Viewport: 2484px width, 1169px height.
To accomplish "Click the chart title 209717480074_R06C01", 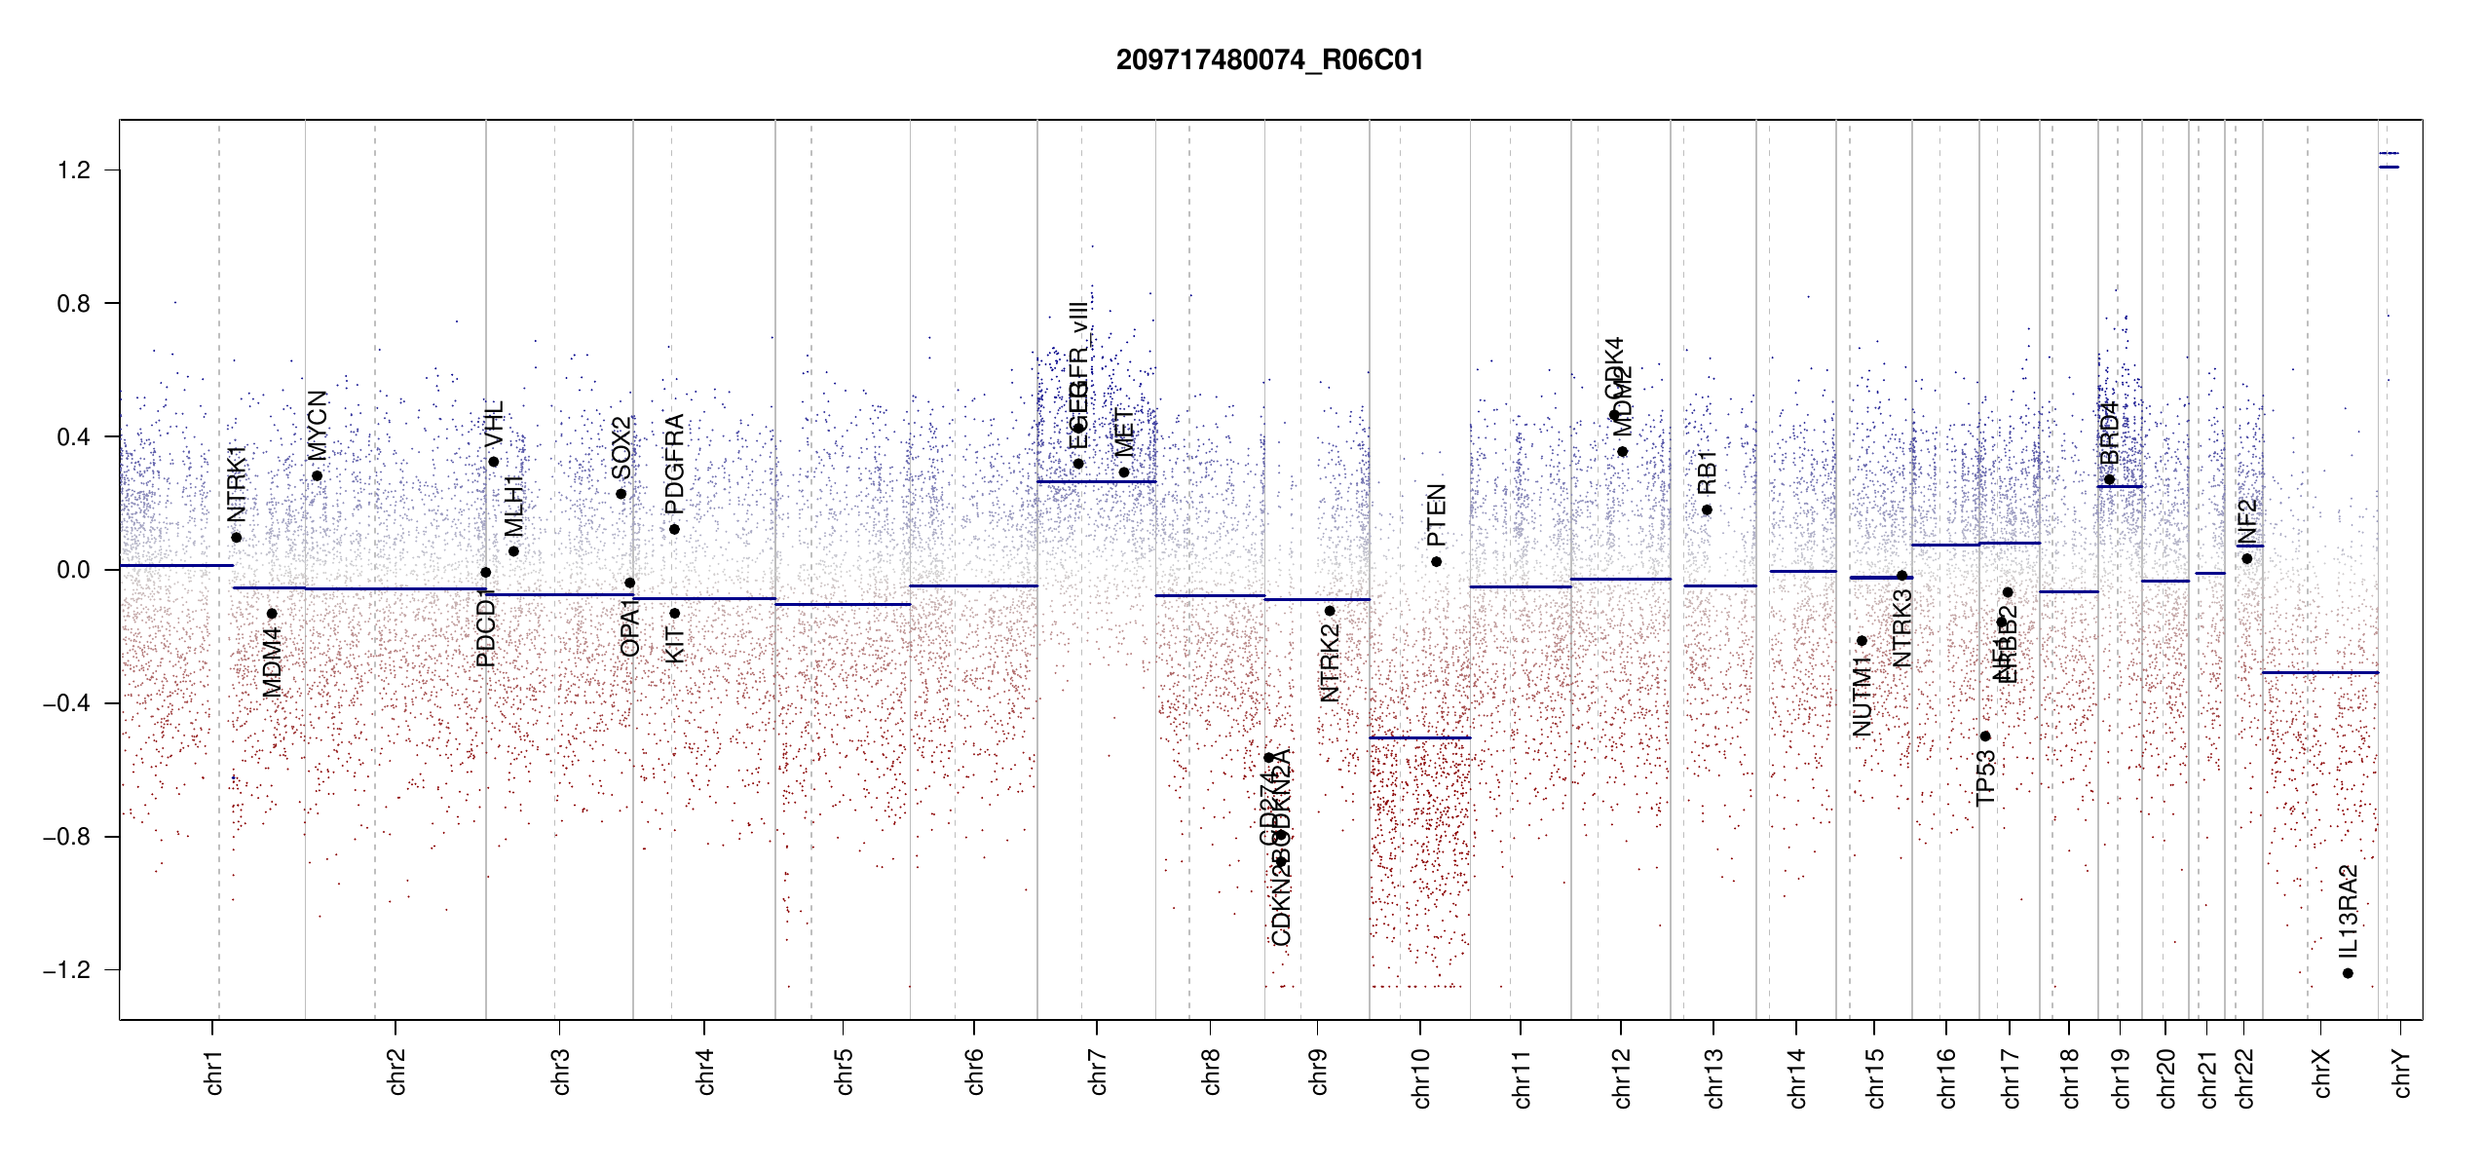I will [x=1269, y=60].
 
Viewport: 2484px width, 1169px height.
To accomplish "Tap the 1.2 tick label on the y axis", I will [x=73, y=170].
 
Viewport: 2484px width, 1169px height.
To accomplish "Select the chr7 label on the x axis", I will [x=1098, y=1072].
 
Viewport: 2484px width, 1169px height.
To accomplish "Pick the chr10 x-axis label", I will [x=1420, y=1077].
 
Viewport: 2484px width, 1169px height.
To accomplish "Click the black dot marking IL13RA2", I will [x=2348, y=973].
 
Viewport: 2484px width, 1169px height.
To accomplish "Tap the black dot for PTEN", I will [x=1436, y=562].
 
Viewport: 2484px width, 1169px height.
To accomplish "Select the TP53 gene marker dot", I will [x=1985, y=736].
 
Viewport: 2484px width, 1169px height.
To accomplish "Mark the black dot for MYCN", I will [x=317, y=476].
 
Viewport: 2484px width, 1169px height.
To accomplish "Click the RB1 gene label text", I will [x=1706, y=472].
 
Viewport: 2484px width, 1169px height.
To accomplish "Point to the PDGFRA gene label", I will [x=674, y=465].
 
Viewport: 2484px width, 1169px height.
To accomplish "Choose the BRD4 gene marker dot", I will [x=2109, y=479].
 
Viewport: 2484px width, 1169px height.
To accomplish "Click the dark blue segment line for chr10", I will [x=1419, y=738].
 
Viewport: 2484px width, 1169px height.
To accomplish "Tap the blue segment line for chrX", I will [x=2319, y=672].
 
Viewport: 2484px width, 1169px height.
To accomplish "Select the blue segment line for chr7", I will [x=1096, y=482].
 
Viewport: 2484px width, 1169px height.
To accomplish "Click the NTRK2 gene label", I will [x=1330, y=663].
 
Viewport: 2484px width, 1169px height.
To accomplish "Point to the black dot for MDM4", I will [x=272, y=614].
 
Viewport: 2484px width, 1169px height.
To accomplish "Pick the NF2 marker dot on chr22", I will [x=2246, y=559].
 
